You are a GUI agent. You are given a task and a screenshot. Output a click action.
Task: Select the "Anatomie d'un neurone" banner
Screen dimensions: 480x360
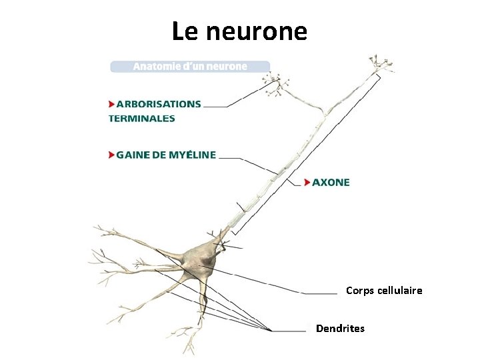(190, 67)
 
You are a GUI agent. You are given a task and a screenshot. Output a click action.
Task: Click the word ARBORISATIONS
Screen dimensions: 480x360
(159, 104)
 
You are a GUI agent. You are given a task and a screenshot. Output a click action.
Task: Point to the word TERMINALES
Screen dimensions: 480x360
(142, 119)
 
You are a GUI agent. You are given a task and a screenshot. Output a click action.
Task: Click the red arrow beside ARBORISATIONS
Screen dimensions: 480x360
(111, 104)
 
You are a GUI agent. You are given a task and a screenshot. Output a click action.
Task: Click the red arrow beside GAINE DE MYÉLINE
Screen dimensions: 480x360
(111, 155)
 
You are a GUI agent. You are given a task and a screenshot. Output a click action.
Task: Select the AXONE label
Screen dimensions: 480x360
(331, 182)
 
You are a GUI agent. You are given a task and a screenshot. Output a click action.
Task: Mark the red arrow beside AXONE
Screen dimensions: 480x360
(307, 182)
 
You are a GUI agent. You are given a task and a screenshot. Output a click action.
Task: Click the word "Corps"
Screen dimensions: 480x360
(360, 291)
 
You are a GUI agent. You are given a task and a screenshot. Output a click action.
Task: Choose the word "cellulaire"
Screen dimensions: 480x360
(399, 291)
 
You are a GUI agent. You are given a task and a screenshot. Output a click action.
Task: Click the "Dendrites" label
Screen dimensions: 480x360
(340, 329)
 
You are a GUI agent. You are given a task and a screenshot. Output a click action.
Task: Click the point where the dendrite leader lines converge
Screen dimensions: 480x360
(271, 330)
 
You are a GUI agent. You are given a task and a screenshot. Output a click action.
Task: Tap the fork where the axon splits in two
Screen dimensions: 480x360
(325, 112)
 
